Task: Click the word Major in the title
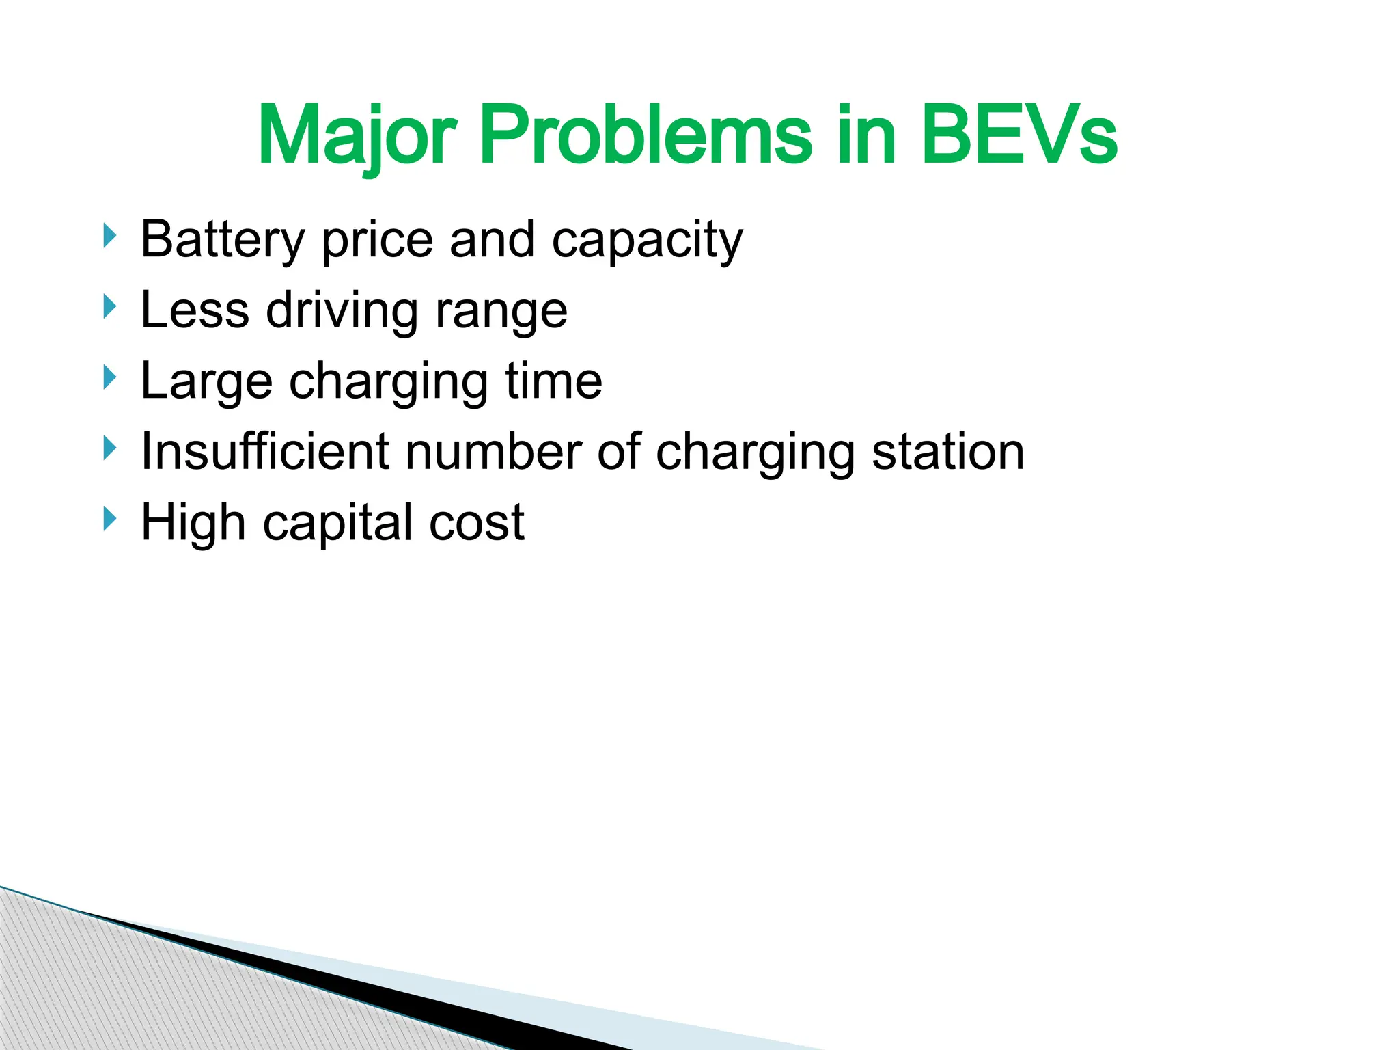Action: (x=357, y=136)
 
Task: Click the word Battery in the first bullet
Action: (x=222, y=240)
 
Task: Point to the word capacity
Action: (x=647, y=241)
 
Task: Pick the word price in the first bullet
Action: (x=377, y=241)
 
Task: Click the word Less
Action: (x=195, y=310)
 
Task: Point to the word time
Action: (x=553, y=381)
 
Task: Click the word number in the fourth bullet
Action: (x=493, y=452)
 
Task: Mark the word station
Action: (x=948, y=452)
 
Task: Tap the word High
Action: (x=193, y=523)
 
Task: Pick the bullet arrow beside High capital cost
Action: (x=109, y=519)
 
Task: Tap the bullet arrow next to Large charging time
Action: (x=109, y=377)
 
